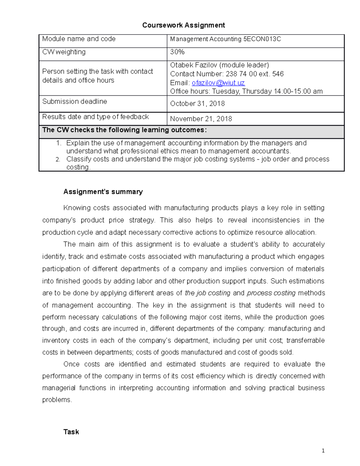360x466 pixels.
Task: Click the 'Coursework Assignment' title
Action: [x=183, y=25]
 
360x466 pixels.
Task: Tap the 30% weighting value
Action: [x=177, y=52]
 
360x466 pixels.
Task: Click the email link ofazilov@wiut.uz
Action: [x=218, y=83]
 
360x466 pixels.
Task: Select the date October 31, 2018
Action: [x=197, y=104]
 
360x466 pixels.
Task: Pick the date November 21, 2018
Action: [x=201, y=119]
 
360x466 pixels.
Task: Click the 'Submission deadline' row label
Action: [x=74, y=101]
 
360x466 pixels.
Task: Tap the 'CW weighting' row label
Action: [x=64, y=52]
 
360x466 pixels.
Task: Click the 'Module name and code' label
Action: [x=79, y=39]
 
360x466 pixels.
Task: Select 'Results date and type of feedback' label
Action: [x=95, y=117]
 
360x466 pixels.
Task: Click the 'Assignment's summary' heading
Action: [x=103, y=192]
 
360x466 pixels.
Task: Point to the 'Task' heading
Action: [x=71, y=432]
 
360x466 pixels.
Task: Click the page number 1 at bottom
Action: [x=323, y=450]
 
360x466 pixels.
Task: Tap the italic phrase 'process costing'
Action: [x=271, y=293]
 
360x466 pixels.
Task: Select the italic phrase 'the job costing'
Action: [x=208, y=293]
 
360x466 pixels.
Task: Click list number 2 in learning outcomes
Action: [x=58, y=159]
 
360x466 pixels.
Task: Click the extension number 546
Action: [x=278, y=74]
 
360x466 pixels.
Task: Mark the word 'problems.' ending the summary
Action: [x=57, y=400]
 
